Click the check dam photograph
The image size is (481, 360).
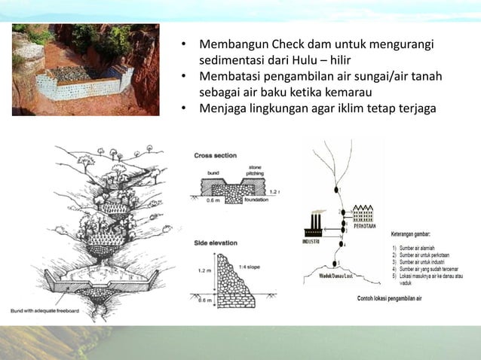coord(85,69)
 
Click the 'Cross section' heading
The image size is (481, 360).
coord(216,156)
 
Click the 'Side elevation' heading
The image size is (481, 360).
coord(216,243)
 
